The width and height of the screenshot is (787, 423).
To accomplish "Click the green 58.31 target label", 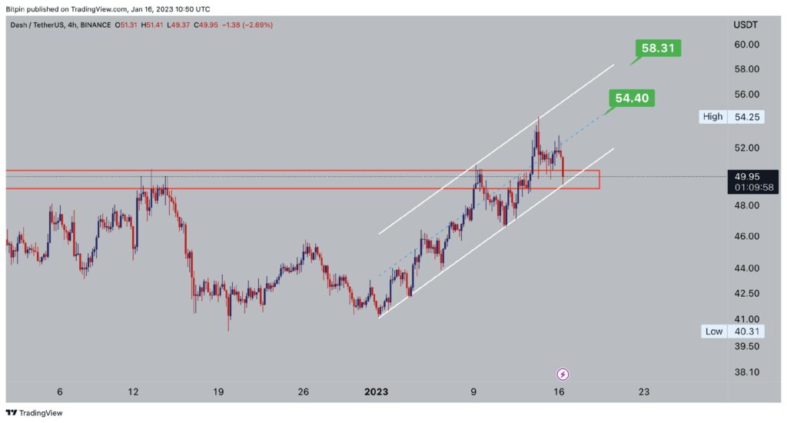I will pyautogui.click(x=659, y=48).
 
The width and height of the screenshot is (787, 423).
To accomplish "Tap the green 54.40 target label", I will pyautogui.click(x=632, y=98).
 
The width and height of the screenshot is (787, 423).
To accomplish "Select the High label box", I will pyautogui.click(x=712, y=117).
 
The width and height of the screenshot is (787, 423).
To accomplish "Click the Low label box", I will pyautogui.click(x=713, y=331).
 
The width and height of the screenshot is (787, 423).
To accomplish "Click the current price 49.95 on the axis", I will pyautogui.click(x=745, y=176).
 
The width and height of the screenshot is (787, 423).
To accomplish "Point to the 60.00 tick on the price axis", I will pyautogui.click(x=746, y=45).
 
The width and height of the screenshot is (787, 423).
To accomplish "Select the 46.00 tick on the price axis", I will pyautogui.click(x=746, y=236).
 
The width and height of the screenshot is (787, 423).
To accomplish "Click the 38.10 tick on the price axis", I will pyautogui.click(x=746, y=372).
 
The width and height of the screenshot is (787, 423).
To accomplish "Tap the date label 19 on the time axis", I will pyautogui.click(x=218, y=392).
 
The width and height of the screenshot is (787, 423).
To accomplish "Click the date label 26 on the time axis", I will pyautogui.click(x=304, y=392).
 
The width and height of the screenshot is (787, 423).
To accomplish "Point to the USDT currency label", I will pyautogui.click(x=745, y=25).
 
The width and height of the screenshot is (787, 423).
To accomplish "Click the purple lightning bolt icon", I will pyautogui.click(x=563, y=375).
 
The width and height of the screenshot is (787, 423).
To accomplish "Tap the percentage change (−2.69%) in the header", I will pyautogui.click(x=257, y=25).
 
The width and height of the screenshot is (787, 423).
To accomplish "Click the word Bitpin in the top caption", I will pyautogui.click(x=16, y=8).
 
